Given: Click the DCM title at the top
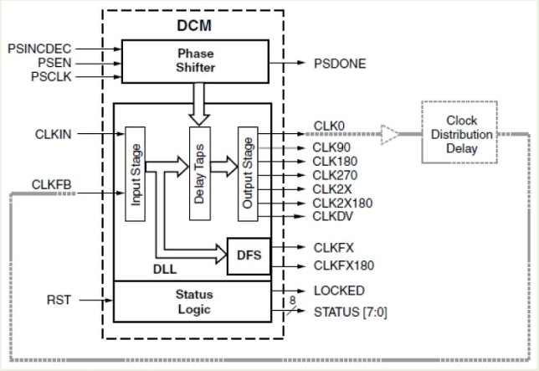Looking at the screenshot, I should point(194,25).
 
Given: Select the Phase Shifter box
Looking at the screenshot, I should point(195,61).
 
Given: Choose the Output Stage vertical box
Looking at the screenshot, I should point(247,174).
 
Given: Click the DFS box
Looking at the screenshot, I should point(249,256).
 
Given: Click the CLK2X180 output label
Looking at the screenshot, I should point(341,203).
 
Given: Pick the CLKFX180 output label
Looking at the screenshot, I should point(343,265).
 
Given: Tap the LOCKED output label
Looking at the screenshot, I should point(338,291).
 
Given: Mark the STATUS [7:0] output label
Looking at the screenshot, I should point(350,313).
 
